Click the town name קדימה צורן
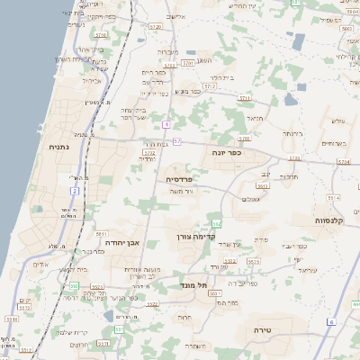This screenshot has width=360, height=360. [193, 236]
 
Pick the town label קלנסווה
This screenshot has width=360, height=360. [331, 220]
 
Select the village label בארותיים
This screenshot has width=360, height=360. [334, 143]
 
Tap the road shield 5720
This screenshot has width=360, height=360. [156, 27]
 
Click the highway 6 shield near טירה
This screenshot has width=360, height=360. [330, 321]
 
